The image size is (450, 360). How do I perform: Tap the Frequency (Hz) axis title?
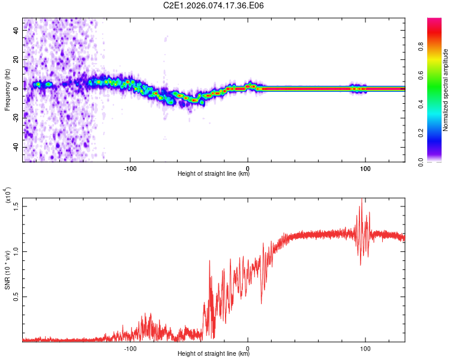coord(7,90)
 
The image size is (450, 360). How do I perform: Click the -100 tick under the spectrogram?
coord(130,167)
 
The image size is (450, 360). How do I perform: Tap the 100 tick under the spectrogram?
coord(365,167)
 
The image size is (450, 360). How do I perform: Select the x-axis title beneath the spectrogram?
coord(214,174)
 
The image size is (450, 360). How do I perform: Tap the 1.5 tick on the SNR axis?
coord(16,206)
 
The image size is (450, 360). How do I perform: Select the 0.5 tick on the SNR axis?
coord(16,296)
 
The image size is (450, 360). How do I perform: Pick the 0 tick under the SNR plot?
coord(248,347)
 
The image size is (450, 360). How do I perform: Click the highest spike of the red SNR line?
coord(362,199)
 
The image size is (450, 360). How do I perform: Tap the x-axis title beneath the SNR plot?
coord(214,354)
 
